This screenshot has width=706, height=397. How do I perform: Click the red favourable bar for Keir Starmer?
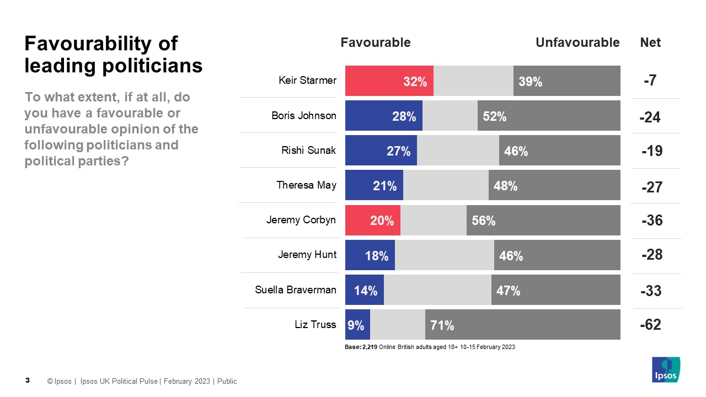pos(389,81)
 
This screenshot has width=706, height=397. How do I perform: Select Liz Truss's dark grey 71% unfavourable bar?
pos(522,325)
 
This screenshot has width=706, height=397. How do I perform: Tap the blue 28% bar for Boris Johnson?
pos(383,116)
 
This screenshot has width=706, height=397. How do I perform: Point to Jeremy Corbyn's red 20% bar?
pos(372,221)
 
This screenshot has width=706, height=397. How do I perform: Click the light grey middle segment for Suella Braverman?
pos(437,290)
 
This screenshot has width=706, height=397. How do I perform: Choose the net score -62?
pos(651,325)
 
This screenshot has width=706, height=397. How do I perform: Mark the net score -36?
pos(652,221)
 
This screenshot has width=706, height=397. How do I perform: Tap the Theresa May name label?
pos(306,185)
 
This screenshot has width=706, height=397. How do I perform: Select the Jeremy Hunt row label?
pos(307,255)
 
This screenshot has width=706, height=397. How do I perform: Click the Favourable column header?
pos(376,42)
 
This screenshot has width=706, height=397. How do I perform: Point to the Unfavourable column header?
pos(577,42)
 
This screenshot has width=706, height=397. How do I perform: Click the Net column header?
pos(650,42)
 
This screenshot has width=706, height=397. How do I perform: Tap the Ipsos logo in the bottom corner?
pos(666,369)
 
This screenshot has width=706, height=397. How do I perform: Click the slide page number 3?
pos(28,380)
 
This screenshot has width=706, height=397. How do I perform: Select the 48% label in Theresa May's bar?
pos(505,186)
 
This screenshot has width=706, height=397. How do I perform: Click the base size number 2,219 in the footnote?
pos(370,347)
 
